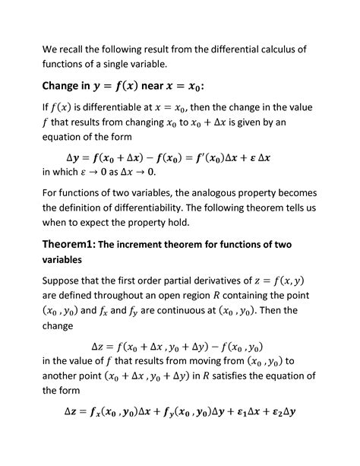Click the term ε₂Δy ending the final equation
pos(280,413)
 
